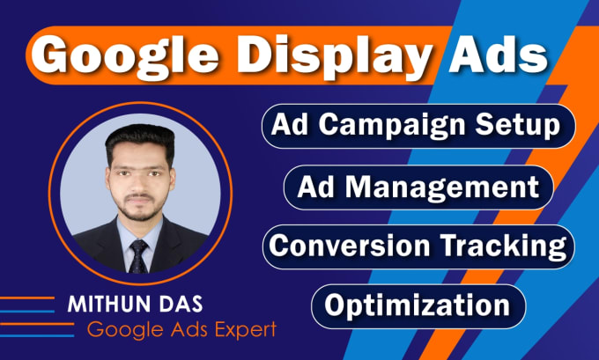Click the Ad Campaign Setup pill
tap(418, 125)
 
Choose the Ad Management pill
tap(418, 187)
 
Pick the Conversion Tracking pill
tap(418, 245)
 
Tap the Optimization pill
tap(418, 305)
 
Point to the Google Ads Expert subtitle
tap(181, 330)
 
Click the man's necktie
tap(137, 254)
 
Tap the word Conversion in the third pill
tap(351, 245)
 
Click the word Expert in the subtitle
tap(246, 331)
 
